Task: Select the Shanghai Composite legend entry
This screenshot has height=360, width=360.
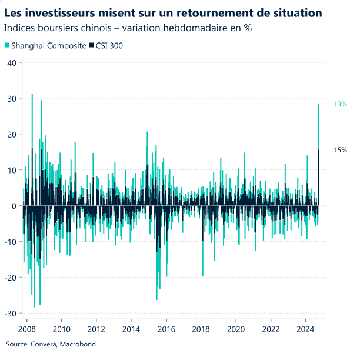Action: click(x=44, y=45)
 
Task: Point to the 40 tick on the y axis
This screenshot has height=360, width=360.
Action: click(x=12, y=62)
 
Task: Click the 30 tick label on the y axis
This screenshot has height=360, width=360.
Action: click(x=12, y=98)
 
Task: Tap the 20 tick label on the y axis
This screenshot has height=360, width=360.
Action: click(x=12, y=134)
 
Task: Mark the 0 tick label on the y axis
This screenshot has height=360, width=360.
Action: click(x=14, y=206)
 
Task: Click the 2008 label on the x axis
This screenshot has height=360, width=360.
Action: click(x=28, y=328)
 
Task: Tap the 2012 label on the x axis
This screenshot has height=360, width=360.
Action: click(x=96, y=328)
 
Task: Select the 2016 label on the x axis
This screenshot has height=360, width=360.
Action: click(x=166, y=328)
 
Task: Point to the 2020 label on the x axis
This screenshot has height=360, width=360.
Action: click(x=236, y=328)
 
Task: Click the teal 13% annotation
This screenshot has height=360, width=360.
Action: click(x=340, y=104)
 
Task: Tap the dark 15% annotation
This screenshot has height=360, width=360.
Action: click(x=340, y=150)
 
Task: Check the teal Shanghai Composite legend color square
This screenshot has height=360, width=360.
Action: click(x=6, y=45)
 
